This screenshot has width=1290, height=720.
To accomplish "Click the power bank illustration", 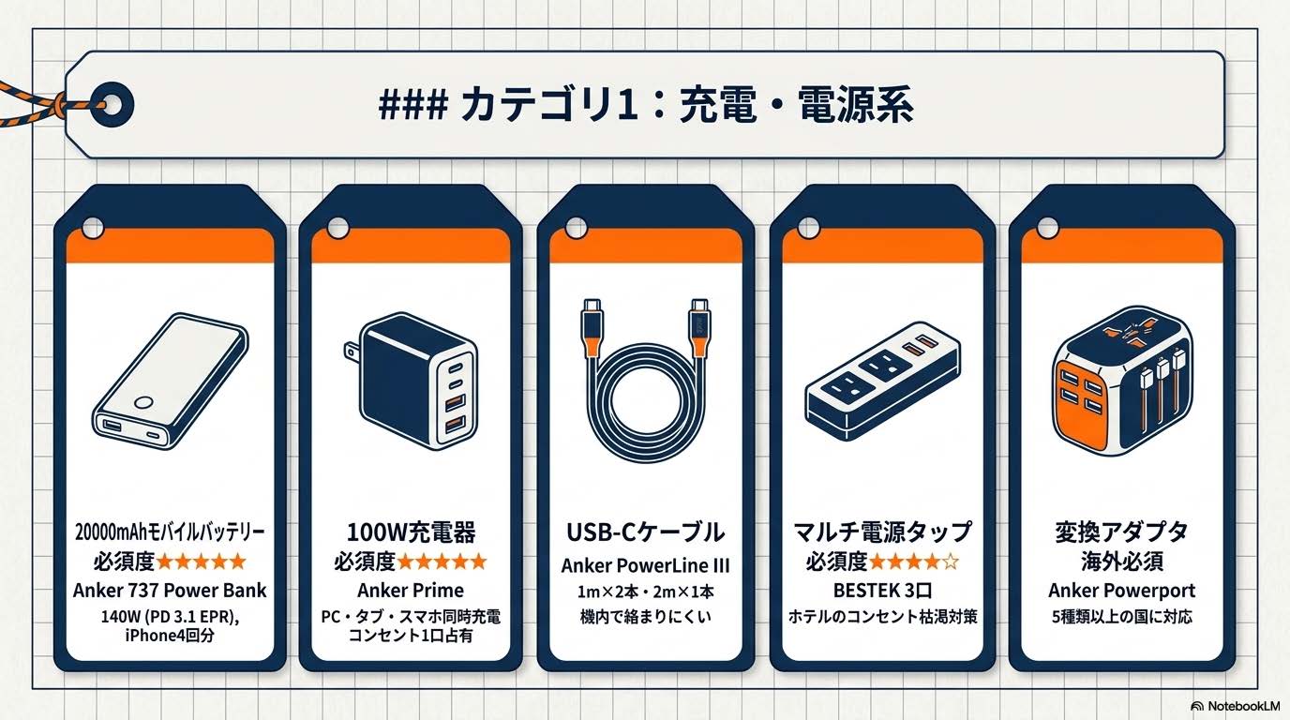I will coord(169,385).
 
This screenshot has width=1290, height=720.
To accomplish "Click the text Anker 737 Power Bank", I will coord(170,591).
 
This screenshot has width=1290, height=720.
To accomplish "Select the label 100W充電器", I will coord(411,532).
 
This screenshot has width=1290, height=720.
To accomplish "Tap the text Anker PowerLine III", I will coord(645,565).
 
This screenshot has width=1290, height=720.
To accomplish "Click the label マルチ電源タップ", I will coord(880,532).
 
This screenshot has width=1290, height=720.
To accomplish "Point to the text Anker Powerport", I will coord(1120,591).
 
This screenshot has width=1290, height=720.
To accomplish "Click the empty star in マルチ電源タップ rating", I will coord(949,562).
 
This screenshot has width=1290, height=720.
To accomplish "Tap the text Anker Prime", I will coord(411,591).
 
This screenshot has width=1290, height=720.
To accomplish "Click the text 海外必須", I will coord(1120,562).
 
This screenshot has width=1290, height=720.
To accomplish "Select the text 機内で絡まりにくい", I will coord(645,616).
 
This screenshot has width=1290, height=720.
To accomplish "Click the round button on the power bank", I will coord(143,402).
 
